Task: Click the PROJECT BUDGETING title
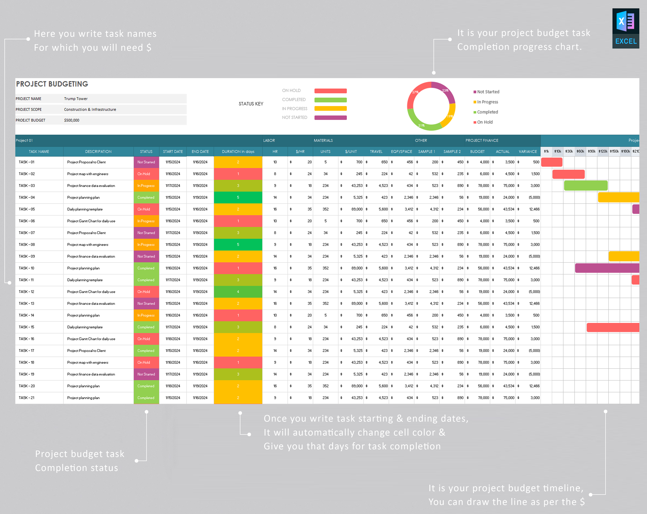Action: coord(52,84)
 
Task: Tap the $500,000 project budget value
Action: coord(72,120)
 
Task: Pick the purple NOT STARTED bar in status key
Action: coord(330,118)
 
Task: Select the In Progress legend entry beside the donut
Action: coord(487,102)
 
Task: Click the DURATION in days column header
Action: coord(238,151)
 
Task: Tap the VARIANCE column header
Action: coord(528,151)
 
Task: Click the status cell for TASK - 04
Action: coord(146,197)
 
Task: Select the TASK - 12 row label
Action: coord(27,292)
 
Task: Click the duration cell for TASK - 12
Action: coord(238,292)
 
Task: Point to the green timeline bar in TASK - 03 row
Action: coord(586,186)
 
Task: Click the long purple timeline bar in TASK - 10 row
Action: coord(607,268)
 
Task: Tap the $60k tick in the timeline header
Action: coord(580,151)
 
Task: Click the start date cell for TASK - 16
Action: coord(173,339)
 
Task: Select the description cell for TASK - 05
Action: coord(85,209)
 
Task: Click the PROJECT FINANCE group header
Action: coord(482,140)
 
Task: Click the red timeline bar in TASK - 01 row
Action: coord(552,162)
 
